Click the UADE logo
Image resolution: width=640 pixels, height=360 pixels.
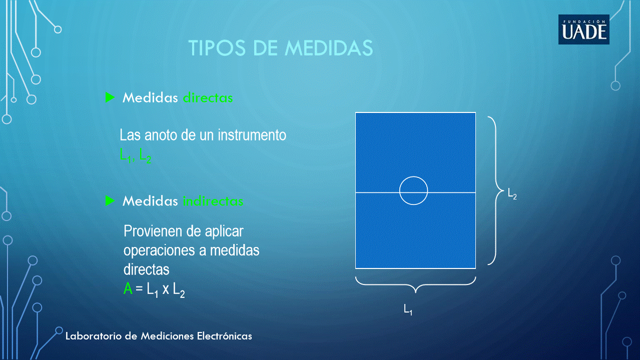(x=584, y=29)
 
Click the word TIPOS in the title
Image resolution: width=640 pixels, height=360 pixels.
(x=217, y=47)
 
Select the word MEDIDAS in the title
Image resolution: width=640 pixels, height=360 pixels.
(x=329, y=47)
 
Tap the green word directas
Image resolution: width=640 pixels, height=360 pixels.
(x=208, y=97)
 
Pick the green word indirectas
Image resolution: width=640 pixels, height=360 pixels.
(x=213, y=201)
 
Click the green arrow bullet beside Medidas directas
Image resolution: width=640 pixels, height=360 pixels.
(x=110, y=97)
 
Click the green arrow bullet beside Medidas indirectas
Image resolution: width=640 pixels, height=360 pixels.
(x=110, y=200)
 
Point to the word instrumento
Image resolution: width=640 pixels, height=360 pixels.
(x=252, y=135)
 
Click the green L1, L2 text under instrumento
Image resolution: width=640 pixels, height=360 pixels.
(x=136, y=155)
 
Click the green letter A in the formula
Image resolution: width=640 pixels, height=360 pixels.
(x=128, y=288)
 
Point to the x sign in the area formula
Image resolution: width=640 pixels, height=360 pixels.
(x=166, y=289)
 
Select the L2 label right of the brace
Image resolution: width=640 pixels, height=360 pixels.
(x=512, y=194)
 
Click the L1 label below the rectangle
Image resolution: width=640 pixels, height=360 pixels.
(x=408, y=310)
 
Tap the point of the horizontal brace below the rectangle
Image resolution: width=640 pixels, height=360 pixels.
(x=415, y=292)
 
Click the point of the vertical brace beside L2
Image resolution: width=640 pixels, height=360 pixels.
(x=504, y=190)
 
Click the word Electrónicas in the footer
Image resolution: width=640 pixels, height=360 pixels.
(x=224, y=335)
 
